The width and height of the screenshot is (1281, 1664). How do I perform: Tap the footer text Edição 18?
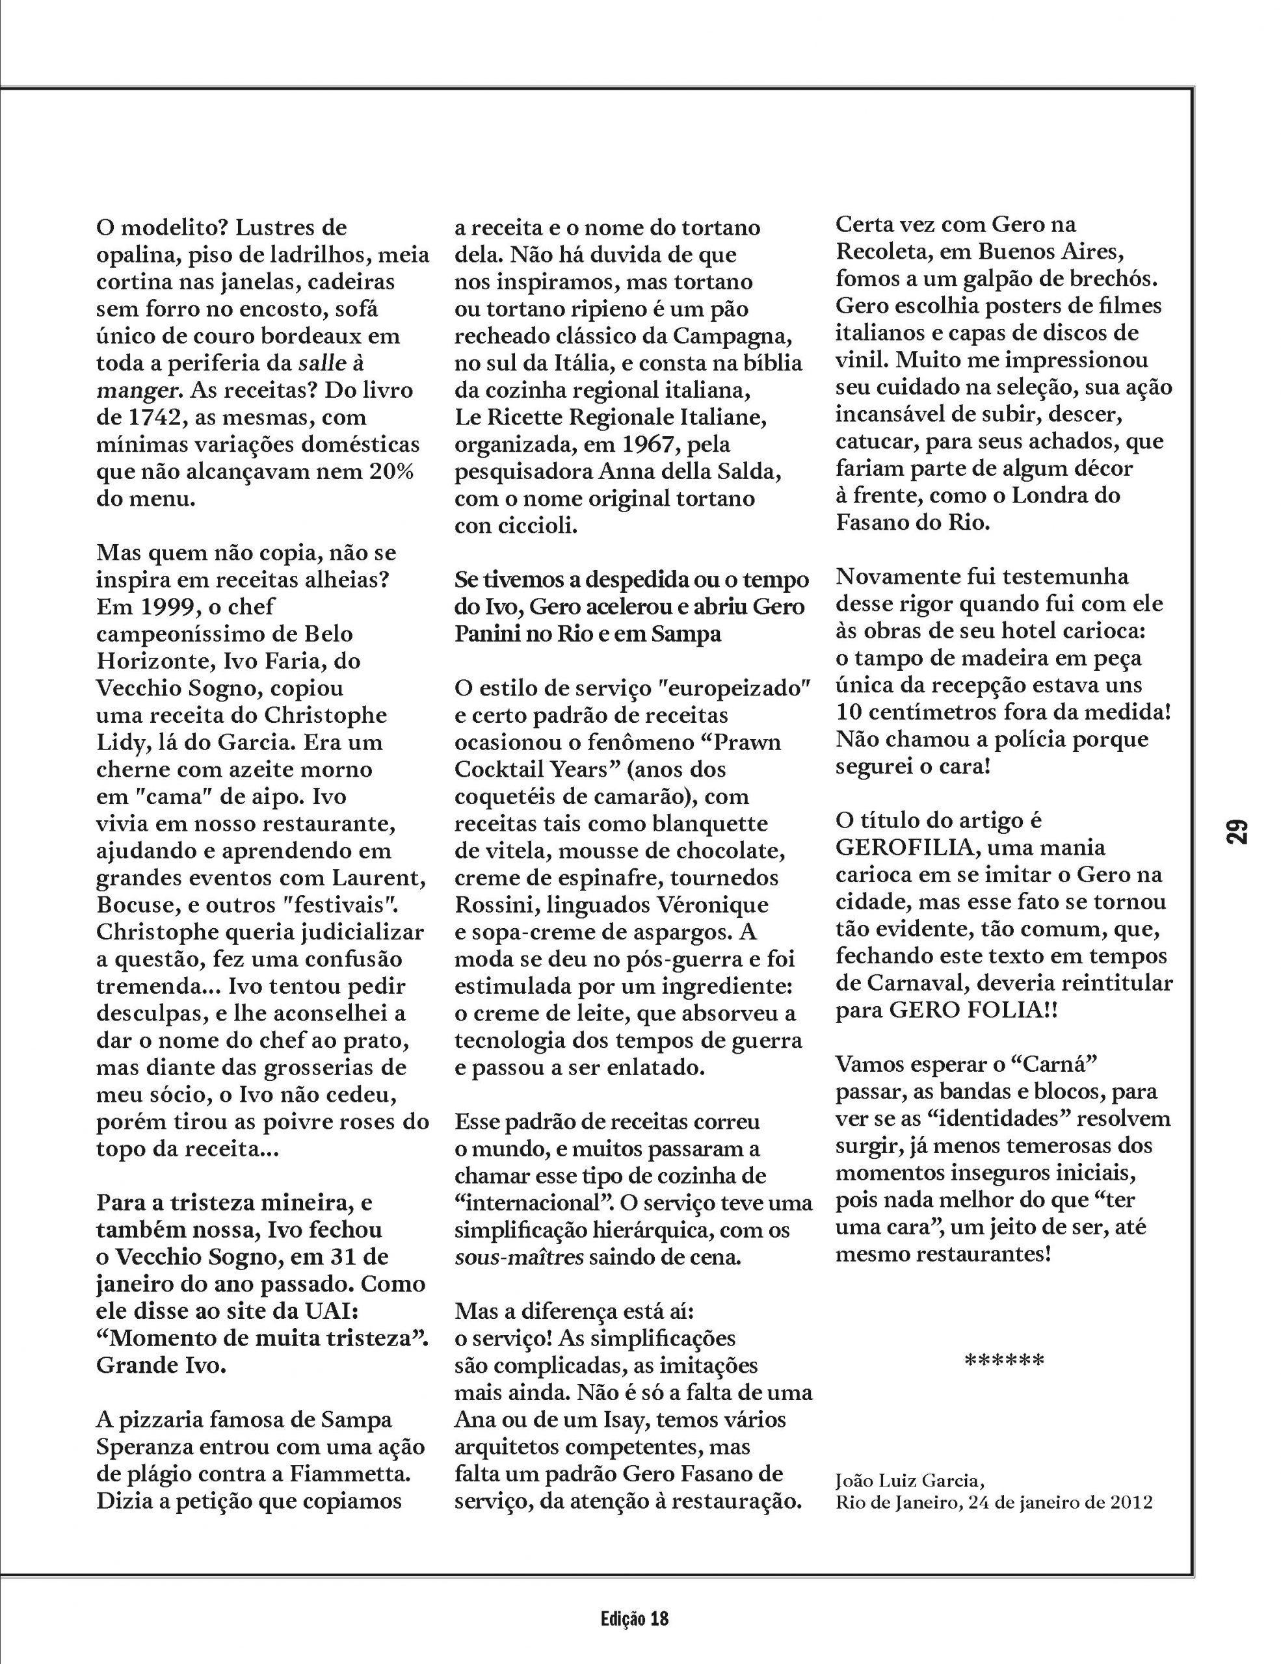pos(633,1617)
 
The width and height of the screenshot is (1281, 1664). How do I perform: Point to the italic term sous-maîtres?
pos(519,1257)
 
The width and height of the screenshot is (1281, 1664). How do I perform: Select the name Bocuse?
pos(135,905)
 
